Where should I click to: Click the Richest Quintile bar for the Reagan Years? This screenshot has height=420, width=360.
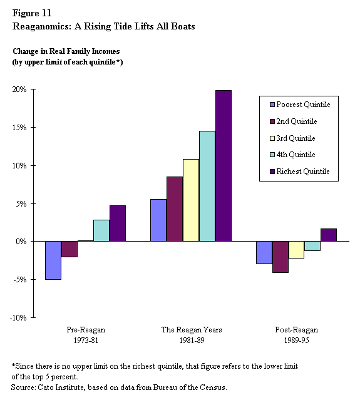click(224, 166)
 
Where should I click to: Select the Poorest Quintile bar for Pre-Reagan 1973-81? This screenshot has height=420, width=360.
click(53, 260)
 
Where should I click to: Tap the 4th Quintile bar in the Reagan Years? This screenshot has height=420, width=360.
click(207, 186)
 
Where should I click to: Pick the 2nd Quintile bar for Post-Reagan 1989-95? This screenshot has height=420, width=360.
click(280, 257)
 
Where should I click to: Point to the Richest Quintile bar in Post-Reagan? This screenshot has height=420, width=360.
click(329, 235)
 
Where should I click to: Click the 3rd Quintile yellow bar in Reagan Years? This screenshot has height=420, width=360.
click(191, 200)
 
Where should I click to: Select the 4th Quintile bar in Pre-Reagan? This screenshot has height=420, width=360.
click(101, 230)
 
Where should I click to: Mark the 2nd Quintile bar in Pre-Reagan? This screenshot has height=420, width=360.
click(69, 249)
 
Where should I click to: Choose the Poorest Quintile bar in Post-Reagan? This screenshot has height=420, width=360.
click(264, 253)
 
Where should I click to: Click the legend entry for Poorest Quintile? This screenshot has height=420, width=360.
click(300, 105)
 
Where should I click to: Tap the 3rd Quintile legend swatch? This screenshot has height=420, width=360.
click(272, 138)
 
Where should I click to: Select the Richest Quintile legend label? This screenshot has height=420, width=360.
click(303, 172)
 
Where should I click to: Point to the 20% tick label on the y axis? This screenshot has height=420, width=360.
click(19, 90)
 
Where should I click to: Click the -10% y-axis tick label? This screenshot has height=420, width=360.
click(18, 318)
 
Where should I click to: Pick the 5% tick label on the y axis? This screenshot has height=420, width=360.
click(21, 204)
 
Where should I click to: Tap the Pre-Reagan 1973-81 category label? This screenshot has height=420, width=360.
click(86, 335)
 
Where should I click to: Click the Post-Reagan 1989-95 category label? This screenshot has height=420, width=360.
click(297, 335)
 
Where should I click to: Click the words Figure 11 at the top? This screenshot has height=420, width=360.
click(32, 13)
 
